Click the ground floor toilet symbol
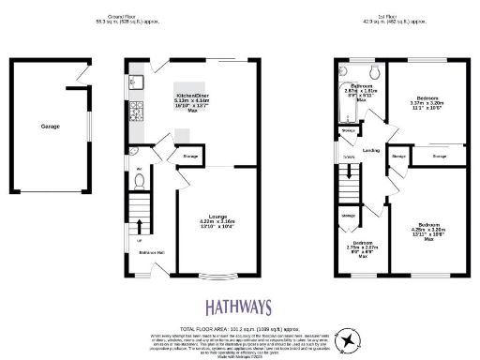click(139, 181)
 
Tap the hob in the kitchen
click(134, 114)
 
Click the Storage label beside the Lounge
click(188, 157)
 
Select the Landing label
click(370, 149)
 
